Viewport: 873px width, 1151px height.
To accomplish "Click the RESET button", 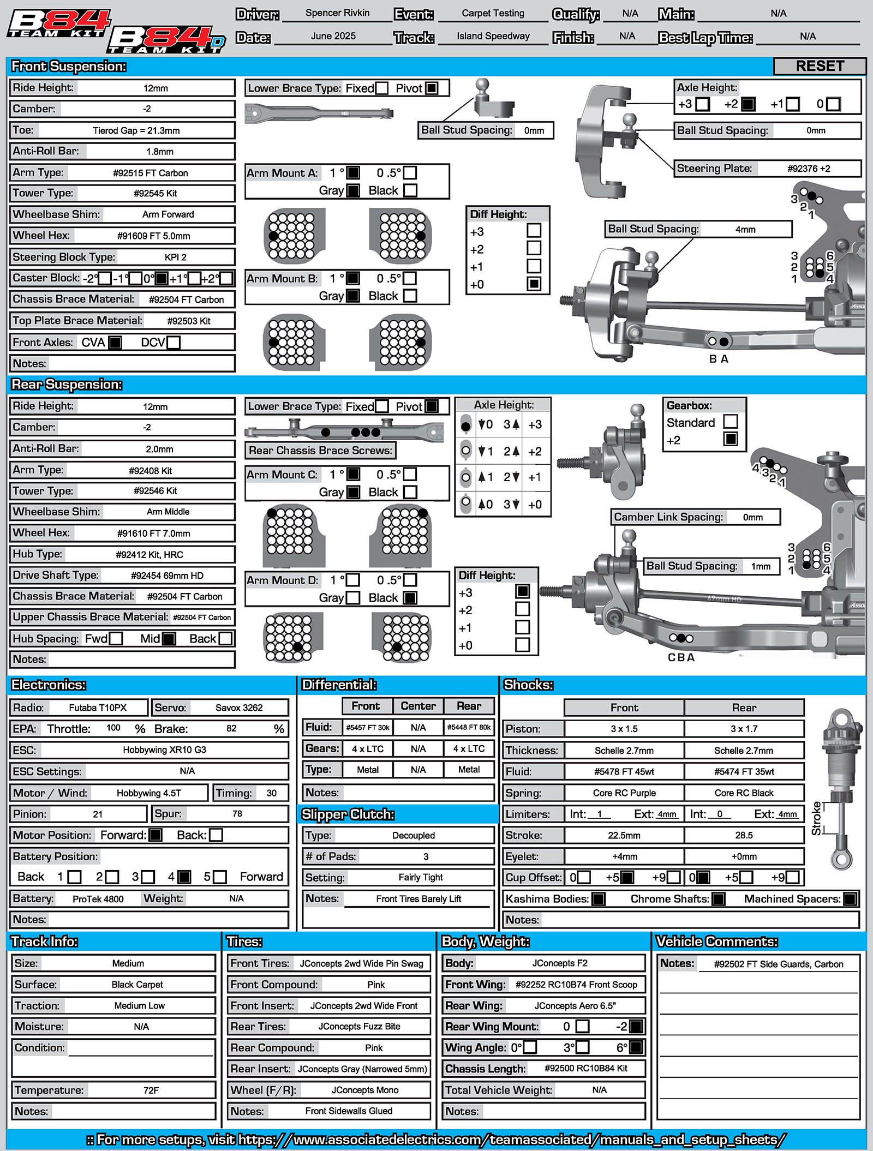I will [x=820, y=66].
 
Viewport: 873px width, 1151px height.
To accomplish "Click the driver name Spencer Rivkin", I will [x=337, y=13].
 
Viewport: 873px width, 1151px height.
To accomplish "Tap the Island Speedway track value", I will [x=493, y=37].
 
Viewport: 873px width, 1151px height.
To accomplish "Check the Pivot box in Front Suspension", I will [x=432, y=88].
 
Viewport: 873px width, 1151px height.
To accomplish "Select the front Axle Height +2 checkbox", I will [x=748, y=104].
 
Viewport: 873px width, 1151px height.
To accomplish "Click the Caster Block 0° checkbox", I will [x=162, y=278].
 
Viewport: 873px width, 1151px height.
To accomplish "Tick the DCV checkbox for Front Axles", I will [x=174, y=343].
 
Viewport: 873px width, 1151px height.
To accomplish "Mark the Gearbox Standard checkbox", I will [x=731, y=422].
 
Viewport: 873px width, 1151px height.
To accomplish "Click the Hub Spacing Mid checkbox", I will [x=169, y=638].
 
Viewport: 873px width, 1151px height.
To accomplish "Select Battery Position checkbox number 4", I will [x=184, y=877].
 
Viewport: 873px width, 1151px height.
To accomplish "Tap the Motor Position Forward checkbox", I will [x=156, y=835].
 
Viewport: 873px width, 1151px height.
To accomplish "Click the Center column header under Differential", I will [x=418, y=706].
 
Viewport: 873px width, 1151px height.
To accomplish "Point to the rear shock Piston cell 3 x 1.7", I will [x=744, y=729].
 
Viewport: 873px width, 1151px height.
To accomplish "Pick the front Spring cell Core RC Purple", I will [x=624, y=793].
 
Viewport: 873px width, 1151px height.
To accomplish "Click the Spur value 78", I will [x=237, y=814].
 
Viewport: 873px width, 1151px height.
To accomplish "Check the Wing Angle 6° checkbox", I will [x=636, y=1047].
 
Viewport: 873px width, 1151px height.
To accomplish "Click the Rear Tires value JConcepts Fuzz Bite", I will [x=359, y=1027].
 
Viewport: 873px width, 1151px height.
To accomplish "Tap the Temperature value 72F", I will [x=151, y=1090].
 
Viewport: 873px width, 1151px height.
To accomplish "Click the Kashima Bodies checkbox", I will [x=599, y=899].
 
